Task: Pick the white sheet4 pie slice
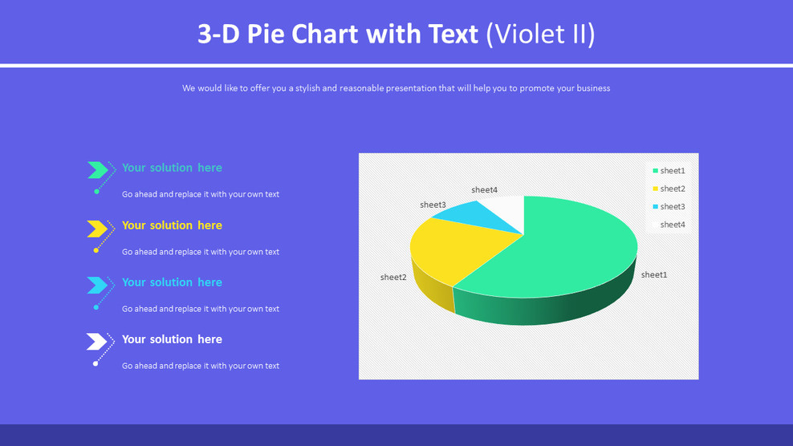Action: click(510, 207)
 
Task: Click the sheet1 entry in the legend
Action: click(669, 171)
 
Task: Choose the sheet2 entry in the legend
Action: click(669, 189)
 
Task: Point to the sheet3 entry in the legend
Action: click(669, 207)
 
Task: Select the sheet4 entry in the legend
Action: click(669, 225)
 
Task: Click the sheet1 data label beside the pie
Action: click(654, 275)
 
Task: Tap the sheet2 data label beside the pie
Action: click(393, 278)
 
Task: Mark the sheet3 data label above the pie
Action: click(433, 205)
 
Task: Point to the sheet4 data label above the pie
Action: click(485, 190)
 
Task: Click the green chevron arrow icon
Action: click(97, 169)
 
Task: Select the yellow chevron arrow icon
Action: click(97, 229)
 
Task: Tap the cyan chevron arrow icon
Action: click(97, 285)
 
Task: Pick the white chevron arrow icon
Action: click(97, 342)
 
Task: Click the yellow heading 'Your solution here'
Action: click(172, 225)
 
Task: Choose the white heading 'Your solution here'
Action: click(172, 339)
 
